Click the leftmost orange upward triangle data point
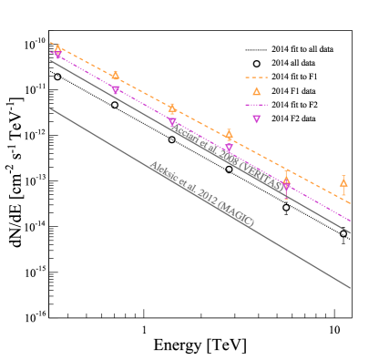(x=57, y=48)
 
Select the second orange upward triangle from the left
(x=115, y=76)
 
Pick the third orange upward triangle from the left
(x=172, y=108)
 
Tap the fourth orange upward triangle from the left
(x=229, y=135)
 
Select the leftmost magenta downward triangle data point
(x=58, y=56)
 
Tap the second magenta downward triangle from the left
(x=115, y=90)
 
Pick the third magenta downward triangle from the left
(x=172, y=122)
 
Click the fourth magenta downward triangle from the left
(x=229, y=148)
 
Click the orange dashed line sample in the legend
(x=256, y=77)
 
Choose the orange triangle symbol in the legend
(x=256, y=91)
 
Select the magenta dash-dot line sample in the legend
(x=256, y=106)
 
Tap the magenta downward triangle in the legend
(x=256, y=119)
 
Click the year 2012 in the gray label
(x=208, y=198)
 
